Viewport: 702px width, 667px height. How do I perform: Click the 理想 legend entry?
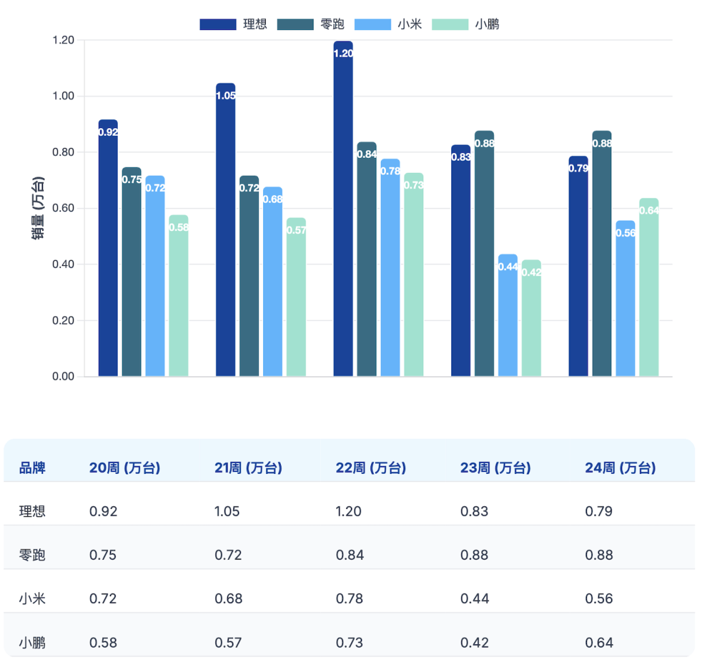point(233,25)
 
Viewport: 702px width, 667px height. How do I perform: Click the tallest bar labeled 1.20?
point(343,208)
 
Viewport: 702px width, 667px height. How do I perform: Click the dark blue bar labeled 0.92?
point(108,248)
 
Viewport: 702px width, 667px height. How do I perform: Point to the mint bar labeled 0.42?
point(531,318)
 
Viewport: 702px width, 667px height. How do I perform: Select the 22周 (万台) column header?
point(370,468)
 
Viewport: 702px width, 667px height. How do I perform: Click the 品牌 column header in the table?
point(32,468)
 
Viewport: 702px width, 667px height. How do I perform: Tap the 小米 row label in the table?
point(32,599)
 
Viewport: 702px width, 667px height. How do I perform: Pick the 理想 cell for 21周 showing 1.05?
point(227,512)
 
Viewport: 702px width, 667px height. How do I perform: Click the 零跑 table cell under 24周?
point(599,555)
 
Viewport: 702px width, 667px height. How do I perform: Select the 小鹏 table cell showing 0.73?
point(349,643)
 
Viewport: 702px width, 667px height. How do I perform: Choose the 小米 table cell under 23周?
point(474,599)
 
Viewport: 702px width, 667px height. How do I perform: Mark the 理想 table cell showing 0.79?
point(599,512)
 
